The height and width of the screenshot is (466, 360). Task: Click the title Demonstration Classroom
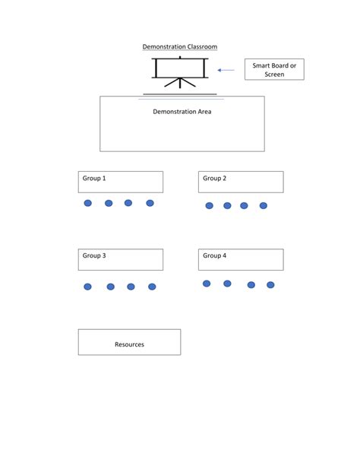pyautogui.click(x=180, y=47)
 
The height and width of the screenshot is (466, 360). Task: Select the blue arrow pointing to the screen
pyautogui.click(x=226, y=70)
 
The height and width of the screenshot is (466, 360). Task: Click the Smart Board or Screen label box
pyautogui.click(x=274, y=70)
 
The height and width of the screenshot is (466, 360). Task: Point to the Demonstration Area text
pyautogui.click(x=182, y=112)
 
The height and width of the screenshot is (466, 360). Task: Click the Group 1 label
pyautogui.click(x=94, y=179)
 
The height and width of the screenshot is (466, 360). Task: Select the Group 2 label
pyautogui.click(x=214, y=179)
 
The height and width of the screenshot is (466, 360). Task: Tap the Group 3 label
pyautogui.click(x=94, y=256)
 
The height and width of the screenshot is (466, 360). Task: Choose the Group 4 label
pyautogui.click(x=214, y=256)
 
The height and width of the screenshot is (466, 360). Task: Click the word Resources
pyautogui.click(x=129, y=344)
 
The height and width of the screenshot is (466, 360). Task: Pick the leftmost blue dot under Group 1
pyautogui.click(x=87, y=203)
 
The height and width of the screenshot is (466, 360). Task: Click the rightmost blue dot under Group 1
pyautogui.click(x=150, y=203)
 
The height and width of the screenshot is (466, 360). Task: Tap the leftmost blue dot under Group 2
pyautogui.click(x=209, y=206)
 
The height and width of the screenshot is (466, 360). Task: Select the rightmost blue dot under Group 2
pyautogui.click(x=264, y=205)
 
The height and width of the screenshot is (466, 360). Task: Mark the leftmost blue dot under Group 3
pyautogui.click(x=87, y=287)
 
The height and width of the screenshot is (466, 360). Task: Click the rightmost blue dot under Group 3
pyautogui.click(x=152, y=287)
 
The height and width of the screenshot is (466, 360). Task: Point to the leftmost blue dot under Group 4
pyautogui.click(x=207, y=284)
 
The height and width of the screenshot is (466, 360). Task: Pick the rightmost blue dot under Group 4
pyautogui.click(x=270, y=285)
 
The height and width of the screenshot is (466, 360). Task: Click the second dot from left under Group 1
pyautogui.click(x=109, y=203)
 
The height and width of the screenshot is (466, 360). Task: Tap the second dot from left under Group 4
pyautogui.click(x=227, y=284)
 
